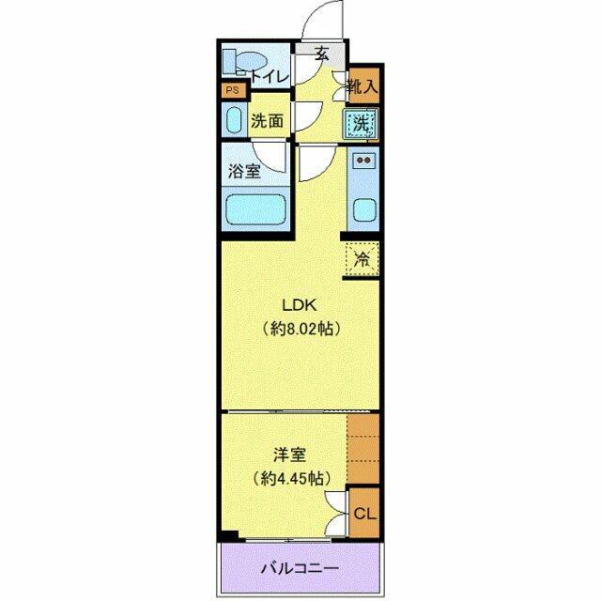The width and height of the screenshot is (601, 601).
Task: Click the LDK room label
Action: pos(300,305)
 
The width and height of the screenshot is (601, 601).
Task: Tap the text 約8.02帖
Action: pos(300,329)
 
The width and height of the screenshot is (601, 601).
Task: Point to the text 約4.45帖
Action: pos(289,478)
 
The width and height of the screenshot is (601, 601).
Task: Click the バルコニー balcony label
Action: pos(300,568)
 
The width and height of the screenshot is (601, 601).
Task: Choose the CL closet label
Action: pos(364,514)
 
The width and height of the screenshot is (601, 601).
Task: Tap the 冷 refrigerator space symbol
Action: pos(362,258)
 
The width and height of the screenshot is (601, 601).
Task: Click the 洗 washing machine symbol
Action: pos(362,122)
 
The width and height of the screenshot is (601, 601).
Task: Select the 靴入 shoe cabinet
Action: pos(362,87)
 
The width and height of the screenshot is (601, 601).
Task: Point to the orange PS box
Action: pos(232,91)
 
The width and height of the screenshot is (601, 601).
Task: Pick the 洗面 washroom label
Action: pos(267,120)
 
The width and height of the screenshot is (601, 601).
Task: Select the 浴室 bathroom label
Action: pos(244,172)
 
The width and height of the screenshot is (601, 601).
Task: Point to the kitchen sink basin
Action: pos(362,211)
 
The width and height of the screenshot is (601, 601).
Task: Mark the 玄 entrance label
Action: pos(322,54)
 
